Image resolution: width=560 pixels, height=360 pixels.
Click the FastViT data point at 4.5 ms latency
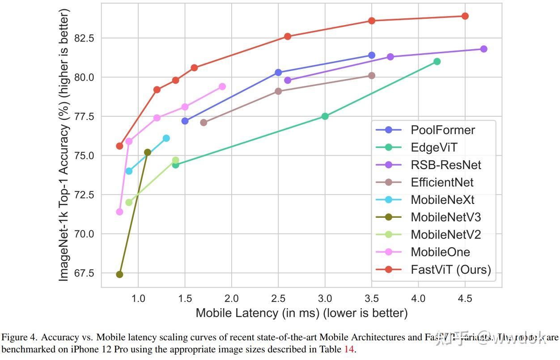click(465, 16)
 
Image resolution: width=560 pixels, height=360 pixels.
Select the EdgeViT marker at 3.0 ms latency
click(325, 116)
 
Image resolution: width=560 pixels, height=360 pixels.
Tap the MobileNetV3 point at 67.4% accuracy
click(119, 274)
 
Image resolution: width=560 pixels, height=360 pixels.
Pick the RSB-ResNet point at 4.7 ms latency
click(484, 49)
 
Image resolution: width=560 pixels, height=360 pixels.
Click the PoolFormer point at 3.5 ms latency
click(371, 55)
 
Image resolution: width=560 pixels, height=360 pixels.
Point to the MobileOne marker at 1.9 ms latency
click(222, 86)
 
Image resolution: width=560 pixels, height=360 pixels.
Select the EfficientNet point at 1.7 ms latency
click(204, 123)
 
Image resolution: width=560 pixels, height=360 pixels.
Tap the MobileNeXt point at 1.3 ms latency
click(166, 138)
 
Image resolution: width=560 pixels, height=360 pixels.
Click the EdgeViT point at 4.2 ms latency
click(437, 61)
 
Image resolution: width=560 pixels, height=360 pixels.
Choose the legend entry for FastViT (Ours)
click(450, 270)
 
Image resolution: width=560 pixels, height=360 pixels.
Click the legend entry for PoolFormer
click(443, 130)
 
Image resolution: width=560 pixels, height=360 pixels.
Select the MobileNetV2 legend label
click(446, 234)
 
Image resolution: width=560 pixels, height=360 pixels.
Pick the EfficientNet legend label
click(442, 182)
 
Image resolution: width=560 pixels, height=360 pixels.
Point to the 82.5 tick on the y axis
click(85, 38)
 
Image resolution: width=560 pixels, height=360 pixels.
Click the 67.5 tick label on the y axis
click(85, 273)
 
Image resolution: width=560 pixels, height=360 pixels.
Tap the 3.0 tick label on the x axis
click(325, 298)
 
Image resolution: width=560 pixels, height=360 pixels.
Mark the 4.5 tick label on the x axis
click(465, 298)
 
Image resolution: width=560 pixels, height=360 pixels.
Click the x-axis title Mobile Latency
click(301, 313)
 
